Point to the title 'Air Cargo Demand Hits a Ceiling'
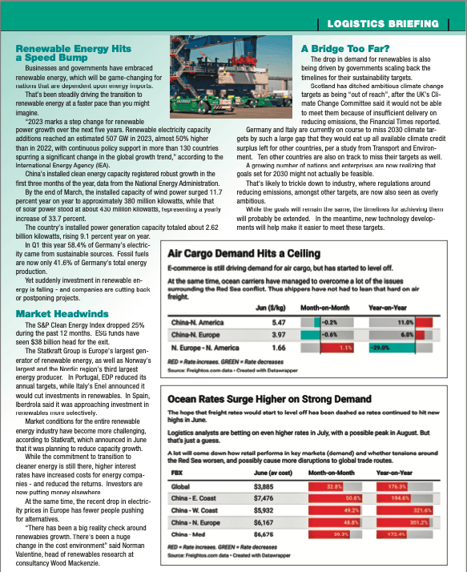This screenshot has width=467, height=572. [x=244, y=231]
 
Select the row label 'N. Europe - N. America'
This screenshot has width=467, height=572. [x=206, y=348]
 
